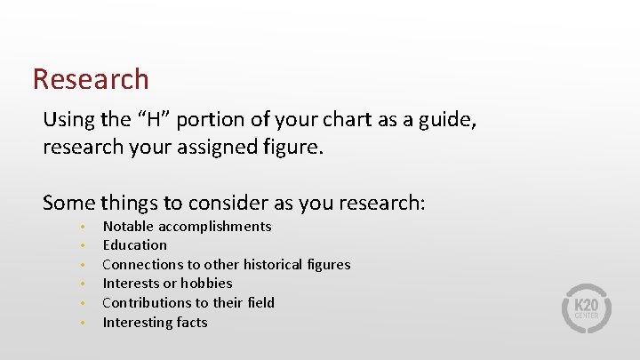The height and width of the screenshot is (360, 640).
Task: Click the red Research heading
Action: [91, 79]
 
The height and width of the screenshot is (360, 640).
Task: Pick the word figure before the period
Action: [292, 146]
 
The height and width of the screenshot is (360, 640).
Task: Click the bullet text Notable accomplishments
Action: [187, 226]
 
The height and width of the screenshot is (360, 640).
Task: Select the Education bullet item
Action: [134, 244]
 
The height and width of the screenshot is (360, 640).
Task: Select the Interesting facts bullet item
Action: [155, 322]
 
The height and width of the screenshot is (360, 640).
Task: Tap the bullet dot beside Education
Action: [81, 245]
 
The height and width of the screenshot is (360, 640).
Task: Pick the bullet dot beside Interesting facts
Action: [81, 323]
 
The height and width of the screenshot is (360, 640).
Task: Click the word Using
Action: [68, 119]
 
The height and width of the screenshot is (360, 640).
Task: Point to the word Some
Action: [68, 203]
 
